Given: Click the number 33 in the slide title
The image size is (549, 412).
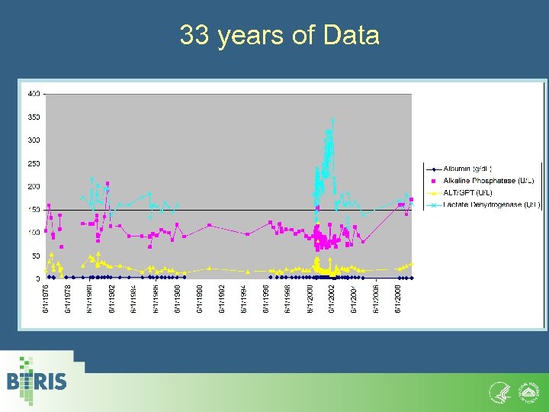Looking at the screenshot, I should (194, 35).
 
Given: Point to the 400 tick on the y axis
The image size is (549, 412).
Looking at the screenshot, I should (34, 94).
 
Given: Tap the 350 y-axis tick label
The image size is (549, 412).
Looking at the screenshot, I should (34, 117).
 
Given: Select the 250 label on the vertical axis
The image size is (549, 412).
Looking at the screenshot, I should (34, 163).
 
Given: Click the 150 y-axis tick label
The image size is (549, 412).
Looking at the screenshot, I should (34, 210).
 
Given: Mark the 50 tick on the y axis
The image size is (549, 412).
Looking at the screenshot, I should (36, 256).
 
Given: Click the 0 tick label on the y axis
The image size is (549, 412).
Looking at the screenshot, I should (38, 279).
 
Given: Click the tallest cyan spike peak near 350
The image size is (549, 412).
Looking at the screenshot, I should (332, 121).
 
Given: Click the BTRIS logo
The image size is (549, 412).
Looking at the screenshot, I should (37, 381).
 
